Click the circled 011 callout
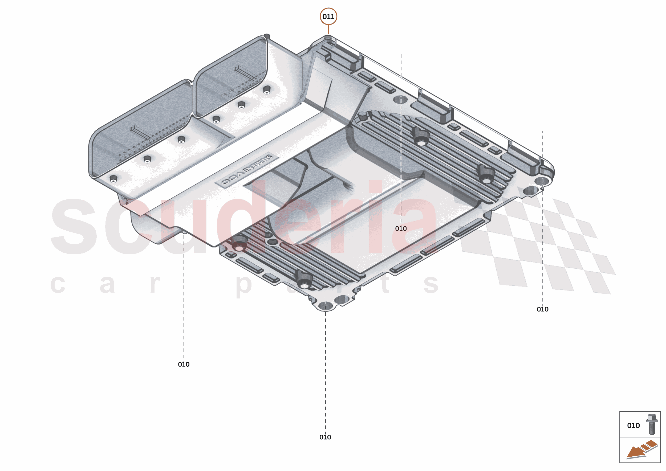point(328,17)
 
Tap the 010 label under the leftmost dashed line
point(184,364)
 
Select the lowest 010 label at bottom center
point(325,437)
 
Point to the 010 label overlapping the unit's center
point(401,228)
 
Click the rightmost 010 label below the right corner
point(542,309)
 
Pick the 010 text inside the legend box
point(633,425)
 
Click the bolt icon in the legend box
point(652,424)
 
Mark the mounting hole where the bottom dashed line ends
point(325,306)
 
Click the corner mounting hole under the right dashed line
point(542,182)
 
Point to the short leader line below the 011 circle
point(328,29)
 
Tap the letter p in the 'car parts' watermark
point(243,285)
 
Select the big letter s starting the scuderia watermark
point(74,227)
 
